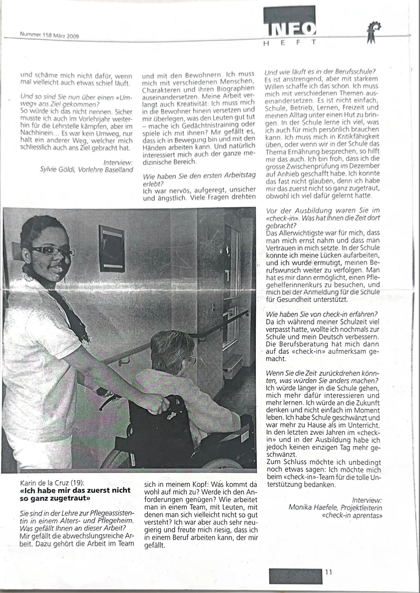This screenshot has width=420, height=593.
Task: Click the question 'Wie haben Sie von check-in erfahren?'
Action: [321, 314]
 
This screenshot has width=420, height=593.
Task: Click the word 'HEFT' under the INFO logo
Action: [289, 43]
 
